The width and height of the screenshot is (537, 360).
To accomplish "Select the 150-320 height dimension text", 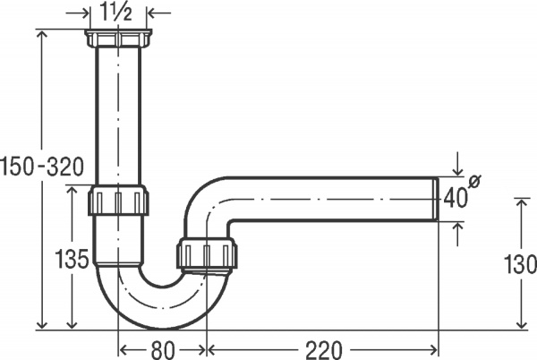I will (42, 166).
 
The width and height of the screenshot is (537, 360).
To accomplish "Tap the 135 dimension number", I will (72, 260).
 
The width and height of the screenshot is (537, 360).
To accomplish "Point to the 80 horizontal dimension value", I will (162, 349).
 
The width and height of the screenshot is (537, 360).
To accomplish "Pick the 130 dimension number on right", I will (519, 265).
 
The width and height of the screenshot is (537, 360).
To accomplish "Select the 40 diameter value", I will (456, 199).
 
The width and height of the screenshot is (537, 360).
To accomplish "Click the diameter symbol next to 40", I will (474, 183).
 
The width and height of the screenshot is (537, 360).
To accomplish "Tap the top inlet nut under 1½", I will (118, 39).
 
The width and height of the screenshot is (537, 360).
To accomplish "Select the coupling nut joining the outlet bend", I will (208, 254).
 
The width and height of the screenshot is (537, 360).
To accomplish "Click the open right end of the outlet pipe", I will (437, 199).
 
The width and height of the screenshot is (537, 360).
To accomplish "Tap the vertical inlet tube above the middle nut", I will (118, 116).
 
